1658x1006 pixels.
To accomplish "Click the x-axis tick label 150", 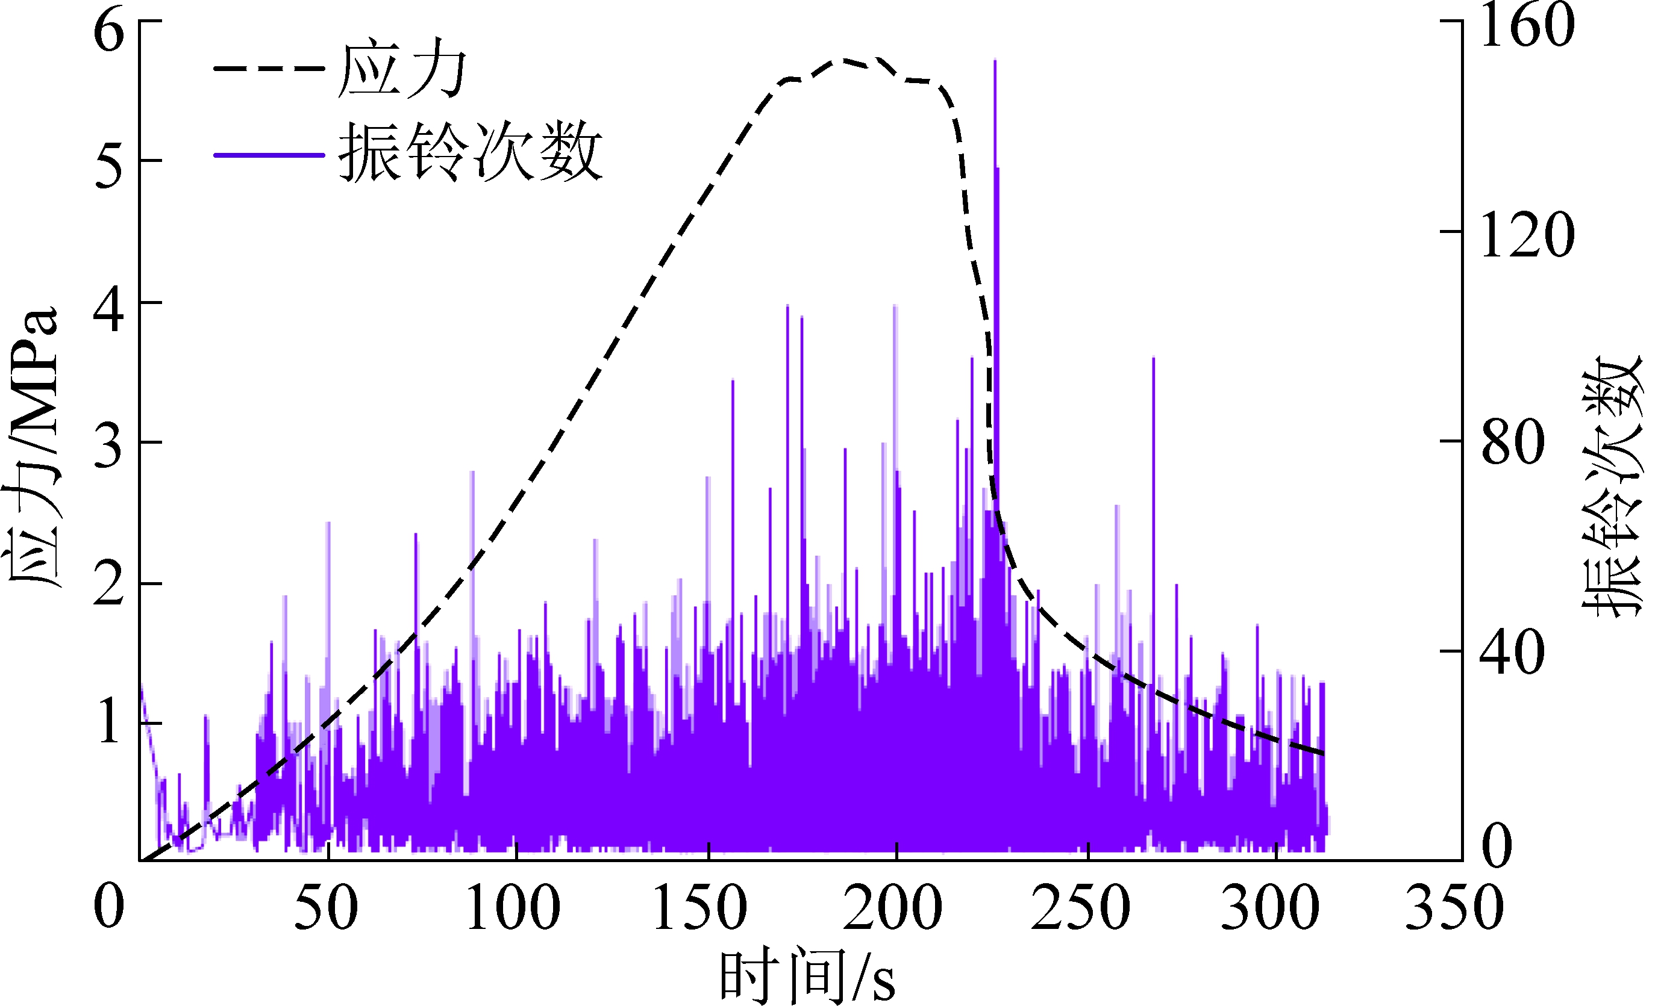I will (x=701, y=907).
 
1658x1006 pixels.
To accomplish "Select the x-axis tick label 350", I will (x=1455, y=907).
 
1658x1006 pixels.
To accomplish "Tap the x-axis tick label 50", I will (x=326, y=907).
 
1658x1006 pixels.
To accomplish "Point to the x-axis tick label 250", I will (x=1081, y=907).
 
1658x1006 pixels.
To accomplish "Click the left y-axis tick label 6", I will (x=109, y=33).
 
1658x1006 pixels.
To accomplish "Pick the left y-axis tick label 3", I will (x=109, y=447).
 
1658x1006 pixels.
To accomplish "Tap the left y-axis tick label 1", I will (x=109, y=725).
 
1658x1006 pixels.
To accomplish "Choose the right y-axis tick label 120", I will (x=1527, y=235).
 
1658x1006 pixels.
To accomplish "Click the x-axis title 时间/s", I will (x=807, y=977).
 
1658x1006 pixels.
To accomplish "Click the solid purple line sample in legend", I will (x=269, y=155).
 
